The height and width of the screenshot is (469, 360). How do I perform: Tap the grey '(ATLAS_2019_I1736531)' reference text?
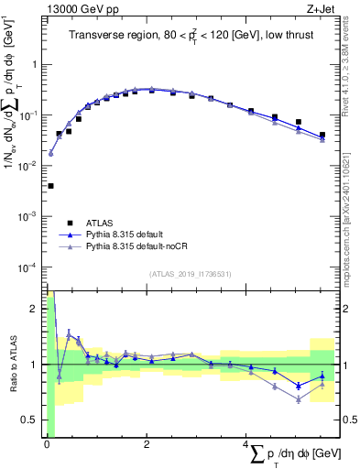coord(191,274)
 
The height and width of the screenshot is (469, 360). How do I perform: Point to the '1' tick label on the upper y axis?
coord(36,65)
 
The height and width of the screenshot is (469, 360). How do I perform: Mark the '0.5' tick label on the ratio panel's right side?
coord(349,420)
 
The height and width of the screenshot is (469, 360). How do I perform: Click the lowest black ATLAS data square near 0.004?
coord(50,186)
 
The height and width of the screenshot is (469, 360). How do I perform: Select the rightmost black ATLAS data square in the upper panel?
coord(322,136)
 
